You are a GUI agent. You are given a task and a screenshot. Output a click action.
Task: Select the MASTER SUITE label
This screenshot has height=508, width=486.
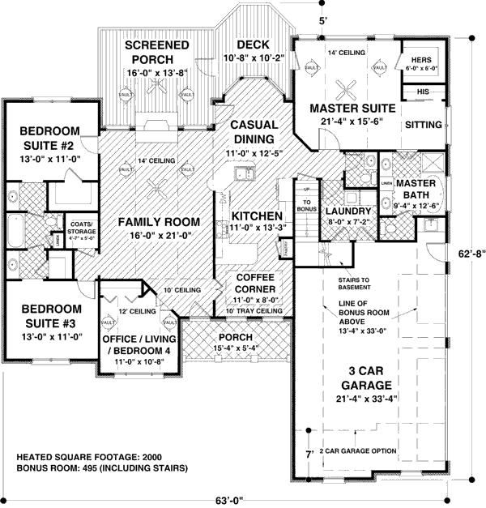(x=352, y=108)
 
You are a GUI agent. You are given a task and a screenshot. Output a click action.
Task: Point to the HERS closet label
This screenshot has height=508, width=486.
(x=421, y=60)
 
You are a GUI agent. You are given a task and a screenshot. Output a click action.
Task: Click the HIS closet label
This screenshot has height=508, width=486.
(x=421, y=92)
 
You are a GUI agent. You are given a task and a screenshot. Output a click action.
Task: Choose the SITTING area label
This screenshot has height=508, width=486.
(x=423, y=125)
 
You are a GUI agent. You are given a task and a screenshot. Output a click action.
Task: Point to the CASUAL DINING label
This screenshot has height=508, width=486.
(x=254, y=131)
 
